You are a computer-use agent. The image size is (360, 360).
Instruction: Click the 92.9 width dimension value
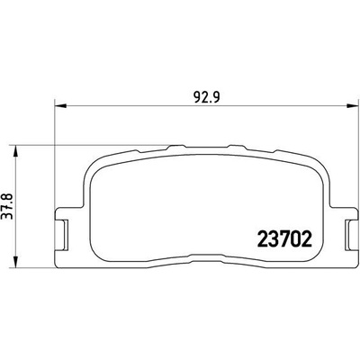coord(206,97)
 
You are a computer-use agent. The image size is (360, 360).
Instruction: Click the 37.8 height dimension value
coord(8,206)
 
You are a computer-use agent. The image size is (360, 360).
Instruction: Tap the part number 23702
coord(284,240)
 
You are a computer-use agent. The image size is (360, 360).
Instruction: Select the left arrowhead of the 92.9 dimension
coord(60,105)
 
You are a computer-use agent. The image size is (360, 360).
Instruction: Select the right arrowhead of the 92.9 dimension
coord(352,105)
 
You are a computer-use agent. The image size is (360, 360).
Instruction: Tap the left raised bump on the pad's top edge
coord(176,147)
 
